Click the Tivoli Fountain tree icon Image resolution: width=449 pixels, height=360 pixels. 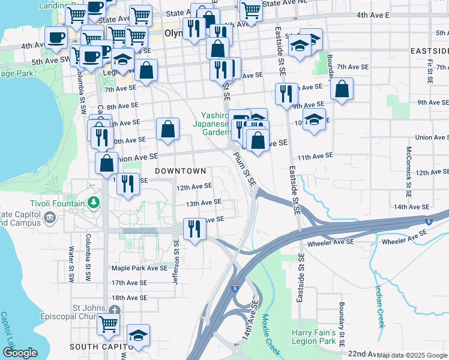point(93,203)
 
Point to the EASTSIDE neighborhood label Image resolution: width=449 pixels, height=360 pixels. point(429,52)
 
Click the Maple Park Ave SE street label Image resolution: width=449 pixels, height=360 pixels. point(139,268)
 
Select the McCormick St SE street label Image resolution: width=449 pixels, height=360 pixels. point(408,164)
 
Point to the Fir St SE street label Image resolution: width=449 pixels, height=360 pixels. point(430,70)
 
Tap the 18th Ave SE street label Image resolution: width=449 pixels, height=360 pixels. point(129,298)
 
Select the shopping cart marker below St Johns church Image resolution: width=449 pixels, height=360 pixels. point(108,325)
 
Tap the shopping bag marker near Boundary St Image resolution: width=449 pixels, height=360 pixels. point(342,89)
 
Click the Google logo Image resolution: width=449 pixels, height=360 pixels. point(20,353)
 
